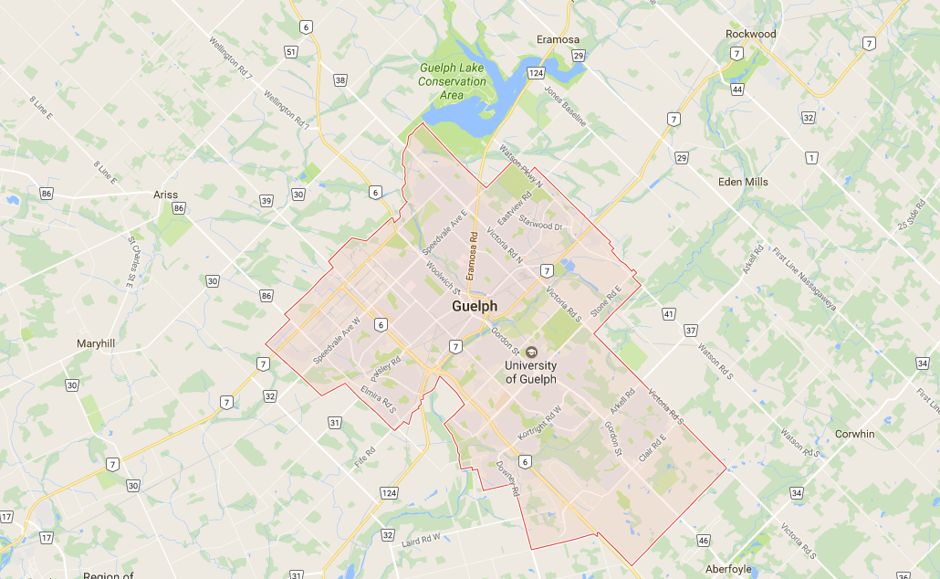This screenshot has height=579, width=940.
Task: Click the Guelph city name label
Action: (475, 307)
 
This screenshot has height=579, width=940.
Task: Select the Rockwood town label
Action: (750, 34)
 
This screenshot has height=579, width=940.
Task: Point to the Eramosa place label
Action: (559, 39)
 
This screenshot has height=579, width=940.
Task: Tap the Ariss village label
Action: (165, 195)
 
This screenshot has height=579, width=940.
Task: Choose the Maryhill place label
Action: (101, 343)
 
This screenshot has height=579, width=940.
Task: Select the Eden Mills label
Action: (743, 182)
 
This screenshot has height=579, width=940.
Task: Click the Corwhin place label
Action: (854, 434)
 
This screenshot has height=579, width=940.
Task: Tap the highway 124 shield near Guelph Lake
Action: (536, 72)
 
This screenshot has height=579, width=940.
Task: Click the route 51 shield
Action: (290, 52)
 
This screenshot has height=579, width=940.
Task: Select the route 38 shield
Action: (340, 80)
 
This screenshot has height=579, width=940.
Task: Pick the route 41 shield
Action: (669, 314)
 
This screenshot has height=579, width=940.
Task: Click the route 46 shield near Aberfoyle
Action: (703, 541)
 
